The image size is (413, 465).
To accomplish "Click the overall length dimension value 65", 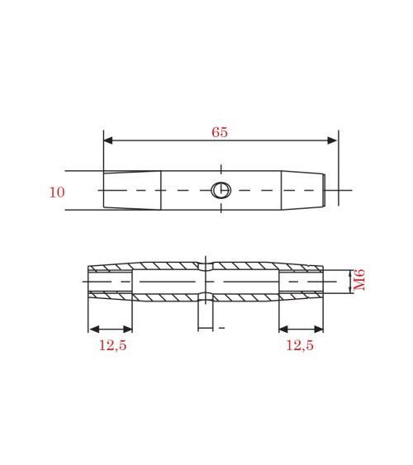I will (220, 133).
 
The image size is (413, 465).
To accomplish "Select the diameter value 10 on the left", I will (56, 192).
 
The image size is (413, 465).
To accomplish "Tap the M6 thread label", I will (359, 279).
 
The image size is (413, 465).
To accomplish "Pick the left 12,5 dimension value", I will (112, 345).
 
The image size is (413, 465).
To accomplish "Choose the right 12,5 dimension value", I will (299, 345).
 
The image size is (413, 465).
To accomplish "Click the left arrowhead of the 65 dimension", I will (108, 140).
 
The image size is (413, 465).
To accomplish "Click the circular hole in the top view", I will (221, 190).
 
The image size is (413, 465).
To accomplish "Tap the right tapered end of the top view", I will (302, 190).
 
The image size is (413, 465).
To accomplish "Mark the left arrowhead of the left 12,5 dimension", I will (93, 330).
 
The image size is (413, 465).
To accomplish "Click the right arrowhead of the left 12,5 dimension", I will (127, 330).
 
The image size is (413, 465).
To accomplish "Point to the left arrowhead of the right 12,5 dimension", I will (283, 330).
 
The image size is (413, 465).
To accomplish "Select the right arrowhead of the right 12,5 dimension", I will (318, 330).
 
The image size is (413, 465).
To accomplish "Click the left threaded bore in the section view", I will (110, 282).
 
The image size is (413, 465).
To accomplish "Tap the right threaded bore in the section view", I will (301, 282).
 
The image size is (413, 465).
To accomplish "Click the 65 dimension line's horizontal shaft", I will (165, 140).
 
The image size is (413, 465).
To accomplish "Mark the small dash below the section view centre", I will (221, 329).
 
